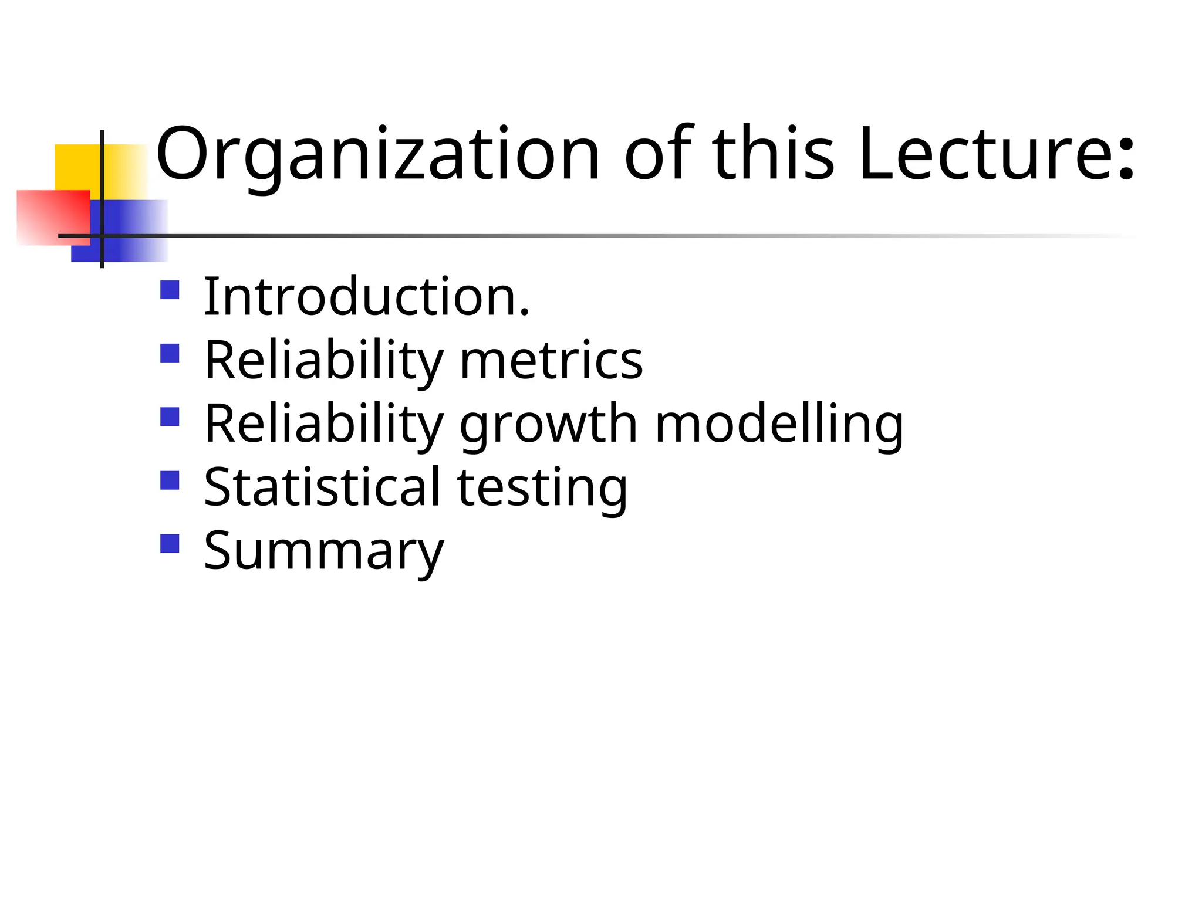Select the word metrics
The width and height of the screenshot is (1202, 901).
click(x=551, y=360)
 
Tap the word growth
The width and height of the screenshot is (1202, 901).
click(x=548, y=425)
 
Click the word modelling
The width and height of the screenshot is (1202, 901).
click(x=779, y=425)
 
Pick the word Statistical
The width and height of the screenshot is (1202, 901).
click(x=322, y=487)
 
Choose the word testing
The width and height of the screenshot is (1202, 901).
click(x=542, y=488)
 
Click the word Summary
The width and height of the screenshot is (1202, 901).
click(x=324, y=551)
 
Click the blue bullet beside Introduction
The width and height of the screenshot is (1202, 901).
click(x=170, y=290)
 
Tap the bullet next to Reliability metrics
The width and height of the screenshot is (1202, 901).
click(x=170, y=353)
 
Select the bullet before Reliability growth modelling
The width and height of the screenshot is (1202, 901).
click(x=170, y=416)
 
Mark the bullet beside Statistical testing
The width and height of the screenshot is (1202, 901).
click(x=170, y=480)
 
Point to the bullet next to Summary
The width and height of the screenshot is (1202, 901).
click(x=170, y=543)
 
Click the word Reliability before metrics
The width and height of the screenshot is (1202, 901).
click(x=323, y=361)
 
